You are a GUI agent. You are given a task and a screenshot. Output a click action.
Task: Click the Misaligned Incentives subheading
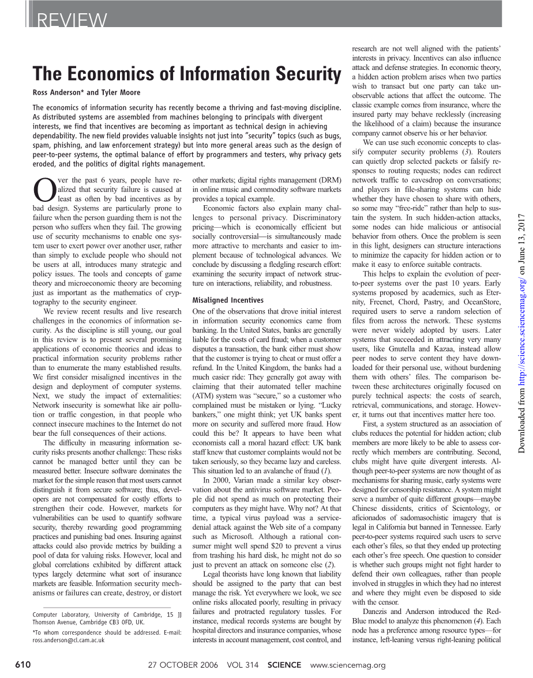click(x=227, y=300)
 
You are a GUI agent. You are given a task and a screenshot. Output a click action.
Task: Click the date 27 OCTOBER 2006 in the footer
click(x=183, y=665)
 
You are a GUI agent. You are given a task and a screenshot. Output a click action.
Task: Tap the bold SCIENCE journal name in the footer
click(x=284, y=665)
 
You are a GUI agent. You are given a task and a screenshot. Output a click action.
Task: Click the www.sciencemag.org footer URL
click(x=348, y=665)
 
